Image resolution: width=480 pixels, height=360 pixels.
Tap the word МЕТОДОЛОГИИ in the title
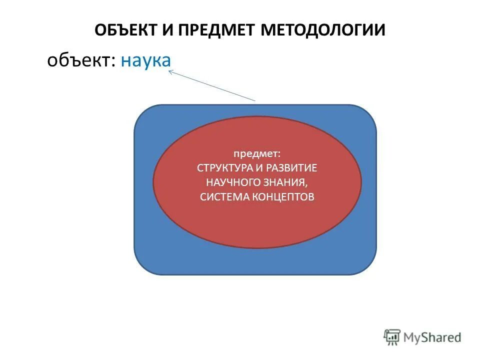[x=322, y=29]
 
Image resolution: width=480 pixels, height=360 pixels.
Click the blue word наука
[x=145, y=61]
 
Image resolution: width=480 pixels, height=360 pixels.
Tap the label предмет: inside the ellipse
[x=256, y=153]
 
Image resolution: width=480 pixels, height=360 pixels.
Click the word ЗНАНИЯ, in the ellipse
[x=286, y=182]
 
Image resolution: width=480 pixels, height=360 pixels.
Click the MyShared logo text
[x=433, y=337]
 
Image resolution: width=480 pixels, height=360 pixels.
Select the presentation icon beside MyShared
[x=392, y=337]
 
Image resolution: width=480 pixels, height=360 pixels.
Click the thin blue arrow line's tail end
[x=255, y=100]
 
